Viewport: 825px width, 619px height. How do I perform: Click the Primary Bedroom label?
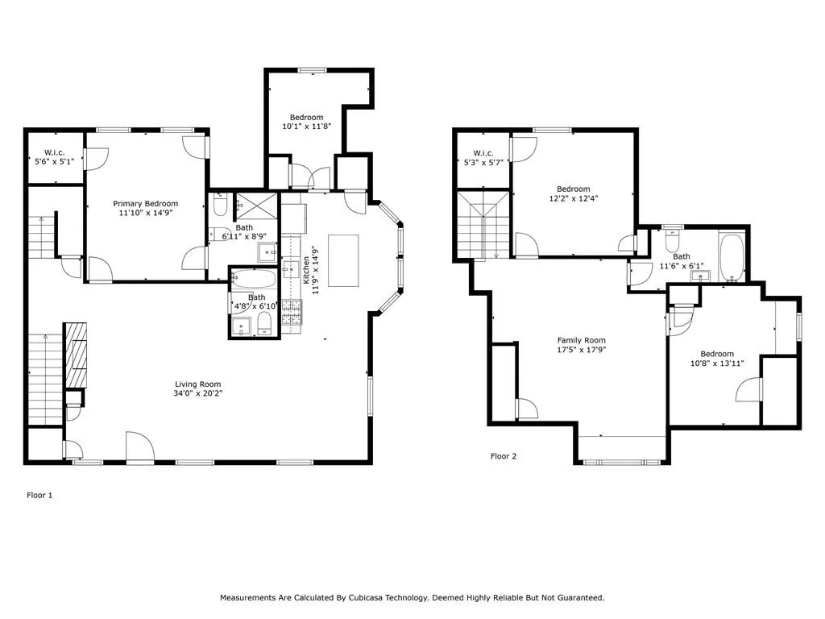point(145,204)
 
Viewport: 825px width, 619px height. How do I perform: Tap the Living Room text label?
point(198,384)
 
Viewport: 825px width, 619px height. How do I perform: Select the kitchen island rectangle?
point(342,260)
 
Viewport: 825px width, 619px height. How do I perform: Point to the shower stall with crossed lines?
point(255,206)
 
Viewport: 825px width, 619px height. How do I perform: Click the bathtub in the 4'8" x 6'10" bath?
point(253,280)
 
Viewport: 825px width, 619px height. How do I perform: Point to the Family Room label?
point(581,340)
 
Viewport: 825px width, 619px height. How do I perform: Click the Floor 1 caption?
point(39,496)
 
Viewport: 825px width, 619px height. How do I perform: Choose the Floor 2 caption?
point(504,456)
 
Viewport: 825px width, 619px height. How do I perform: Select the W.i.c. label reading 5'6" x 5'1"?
point(54,157)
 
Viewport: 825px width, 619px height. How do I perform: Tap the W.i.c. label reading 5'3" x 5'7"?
point(483,158)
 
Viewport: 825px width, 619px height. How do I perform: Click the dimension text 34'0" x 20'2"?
point(198,394)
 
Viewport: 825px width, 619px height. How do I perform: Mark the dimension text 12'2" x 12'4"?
point(573,198)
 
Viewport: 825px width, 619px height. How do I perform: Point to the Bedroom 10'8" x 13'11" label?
point(716,359)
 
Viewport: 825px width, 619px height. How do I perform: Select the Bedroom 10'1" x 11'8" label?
point(307,122)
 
